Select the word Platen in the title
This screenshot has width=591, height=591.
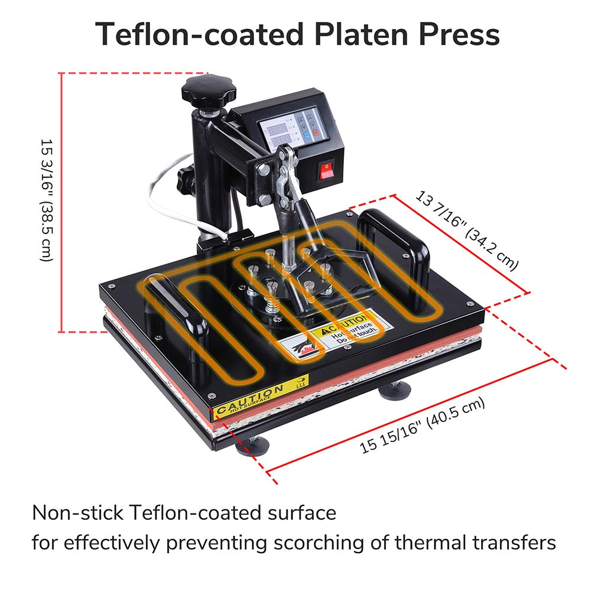366,34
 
